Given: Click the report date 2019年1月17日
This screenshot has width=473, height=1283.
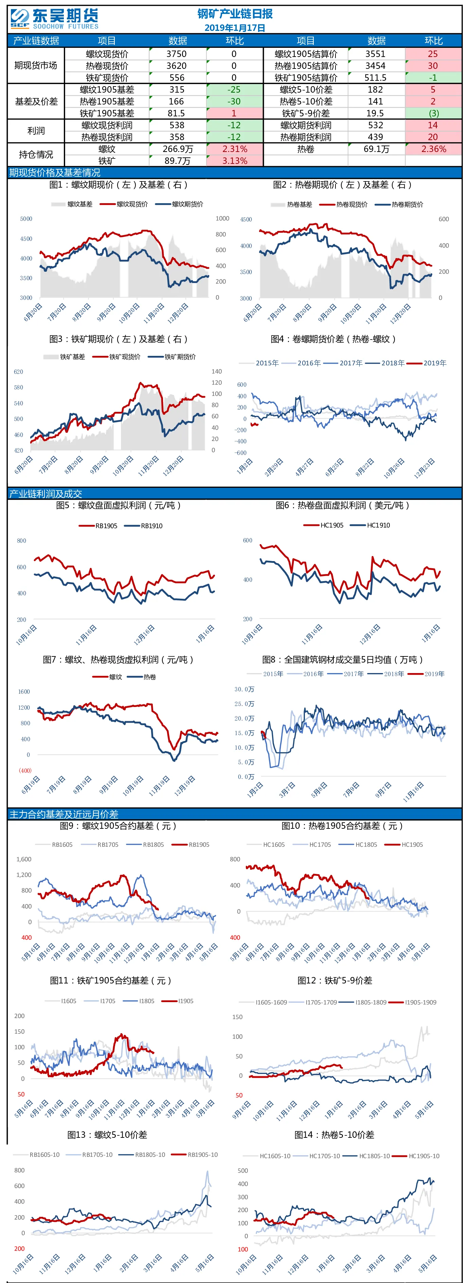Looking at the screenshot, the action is tap(235, 28).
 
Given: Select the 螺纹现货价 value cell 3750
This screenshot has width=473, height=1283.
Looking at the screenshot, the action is tap(177, 54).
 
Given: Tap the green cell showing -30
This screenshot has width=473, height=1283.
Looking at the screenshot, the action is tap(234, 101).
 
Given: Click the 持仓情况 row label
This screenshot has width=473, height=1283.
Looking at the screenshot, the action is tap(36, 154).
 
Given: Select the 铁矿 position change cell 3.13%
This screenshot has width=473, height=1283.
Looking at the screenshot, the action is tap(235, 161).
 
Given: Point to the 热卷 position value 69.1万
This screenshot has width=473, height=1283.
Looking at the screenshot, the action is tap(376, 149).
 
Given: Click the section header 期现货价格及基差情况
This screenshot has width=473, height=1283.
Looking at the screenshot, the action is tap(54, 173).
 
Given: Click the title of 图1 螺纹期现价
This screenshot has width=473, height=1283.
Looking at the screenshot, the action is tap(118, 185).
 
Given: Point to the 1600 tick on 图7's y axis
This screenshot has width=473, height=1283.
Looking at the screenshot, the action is tap(24, 692).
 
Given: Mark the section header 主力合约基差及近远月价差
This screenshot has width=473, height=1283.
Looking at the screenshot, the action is tap(64, 814).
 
